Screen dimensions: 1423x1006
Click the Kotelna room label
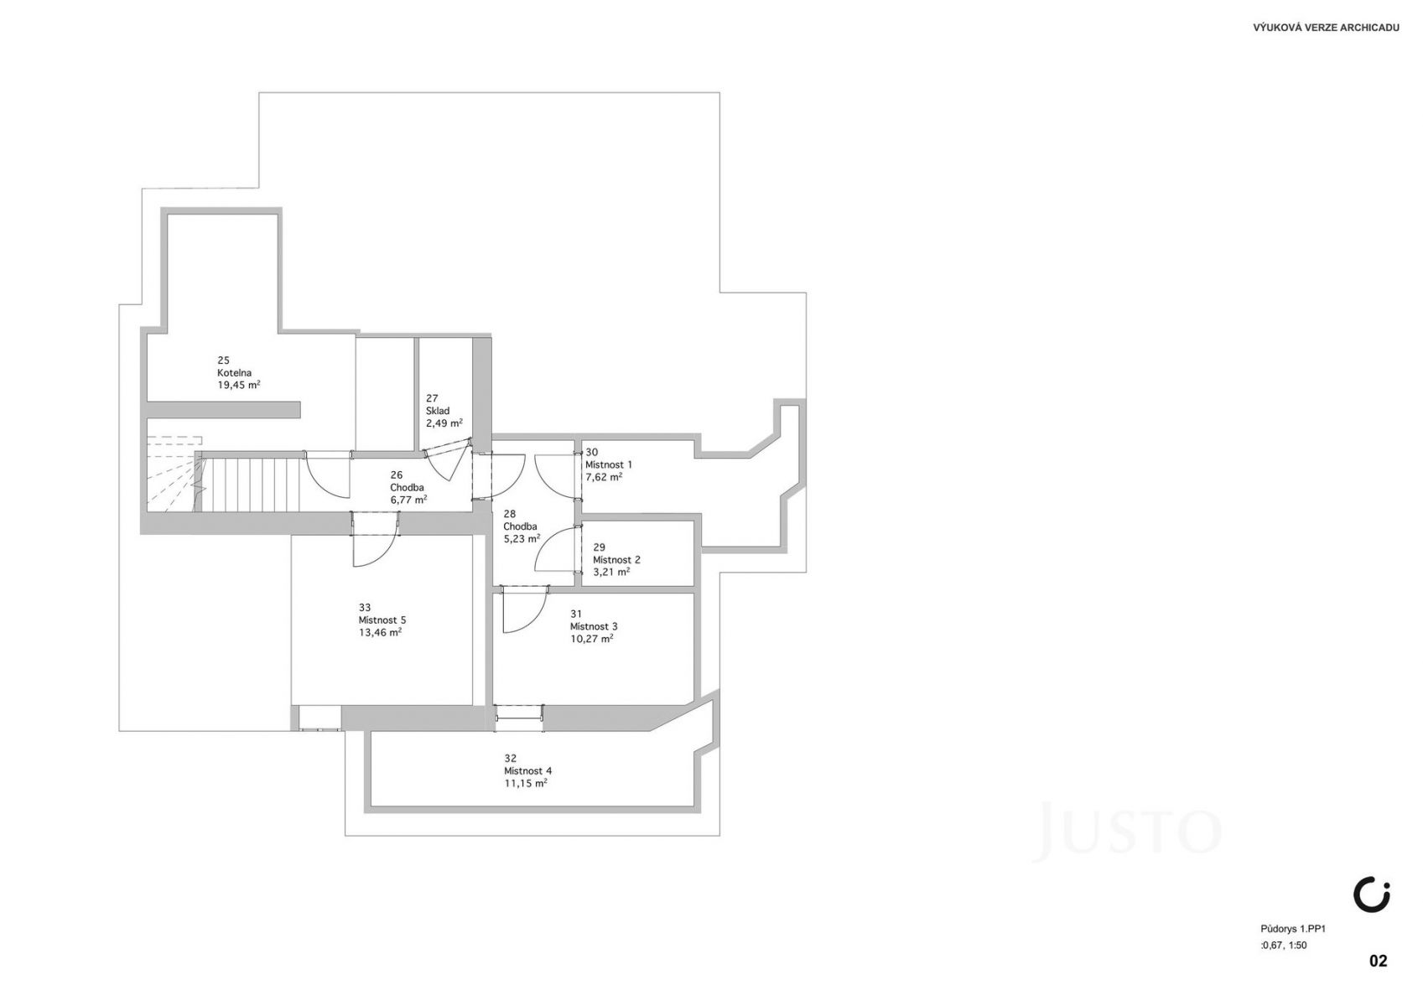[235, 373]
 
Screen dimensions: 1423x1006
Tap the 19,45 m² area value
[239, 385]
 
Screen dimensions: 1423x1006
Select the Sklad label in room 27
[438, 411]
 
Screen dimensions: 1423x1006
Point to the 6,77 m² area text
[408, 500]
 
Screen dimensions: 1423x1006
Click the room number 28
[510, 514]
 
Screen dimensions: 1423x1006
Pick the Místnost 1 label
[609, 465]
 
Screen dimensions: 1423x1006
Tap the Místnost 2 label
[617, 560]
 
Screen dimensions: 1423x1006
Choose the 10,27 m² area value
[591, 639]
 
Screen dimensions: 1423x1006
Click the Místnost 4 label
[528, 771]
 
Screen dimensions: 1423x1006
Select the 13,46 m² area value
[380, 633]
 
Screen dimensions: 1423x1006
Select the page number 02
[1378, 961]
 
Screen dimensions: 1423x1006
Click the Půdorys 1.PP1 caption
[1293, 929]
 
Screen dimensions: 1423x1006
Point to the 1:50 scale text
[1296, 945]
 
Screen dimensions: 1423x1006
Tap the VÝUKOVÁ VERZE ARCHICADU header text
[1326, 28]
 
